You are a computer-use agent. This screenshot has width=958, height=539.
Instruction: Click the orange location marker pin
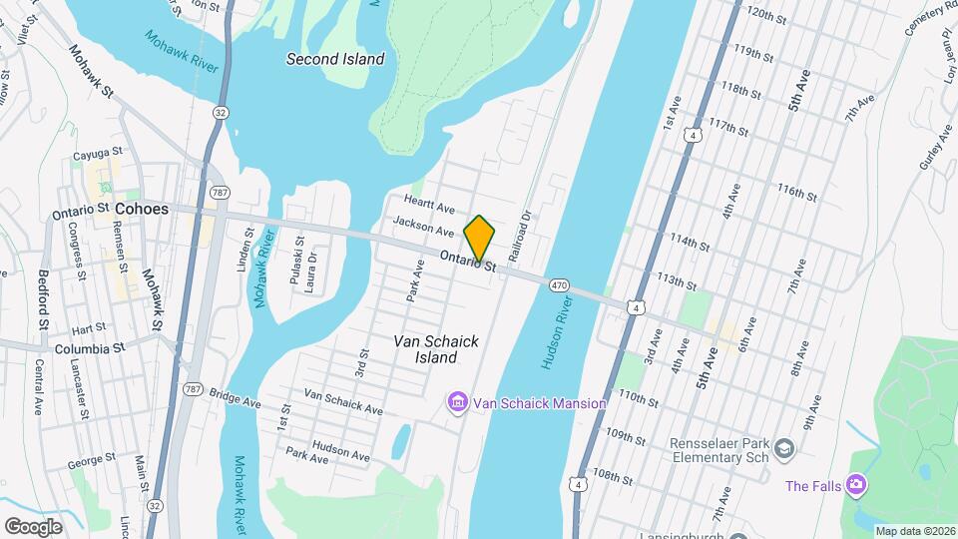[479, 238]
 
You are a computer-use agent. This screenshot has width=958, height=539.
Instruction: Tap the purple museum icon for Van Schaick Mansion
[458, 402]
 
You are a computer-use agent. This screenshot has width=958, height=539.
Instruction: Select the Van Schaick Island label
[436, 349]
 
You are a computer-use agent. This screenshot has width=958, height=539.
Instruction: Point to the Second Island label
[335, 59]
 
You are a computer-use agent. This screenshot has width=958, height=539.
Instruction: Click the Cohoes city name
[142, 210]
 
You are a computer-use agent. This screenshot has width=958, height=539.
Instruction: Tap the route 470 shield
[559, 285]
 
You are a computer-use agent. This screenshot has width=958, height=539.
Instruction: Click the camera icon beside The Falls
[855, 485]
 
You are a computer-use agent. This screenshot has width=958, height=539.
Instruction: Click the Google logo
[33, 526]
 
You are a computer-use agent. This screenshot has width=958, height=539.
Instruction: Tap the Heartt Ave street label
[430, 204]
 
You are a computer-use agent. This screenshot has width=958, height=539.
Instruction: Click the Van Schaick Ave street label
[343, 401]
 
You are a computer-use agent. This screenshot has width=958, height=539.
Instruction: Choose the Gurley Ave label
[930, 148]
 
